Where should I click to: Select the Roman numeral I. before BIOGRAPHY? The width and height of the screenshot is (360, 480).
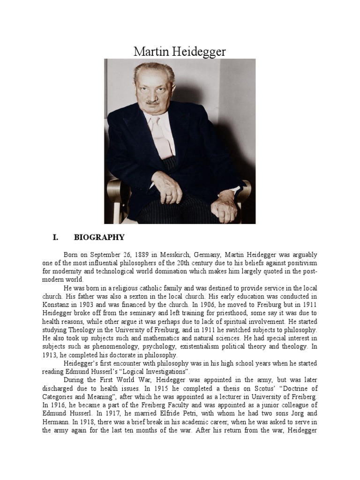pyautogui.click(x=55, y=238)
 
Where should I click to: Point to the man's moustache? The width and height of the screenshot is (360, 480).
pyautogui.click(x=152, y=101)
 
